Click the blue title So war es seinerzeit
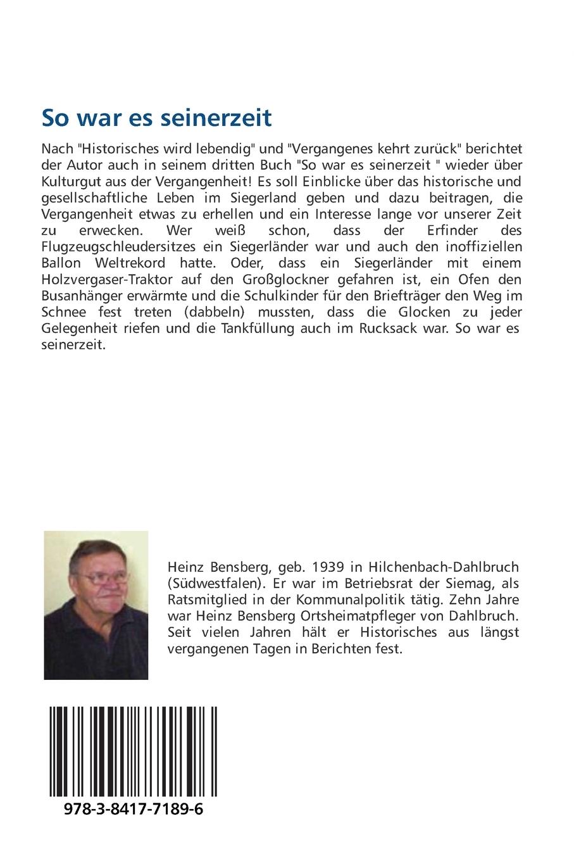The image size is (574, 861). coord(156,118)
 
